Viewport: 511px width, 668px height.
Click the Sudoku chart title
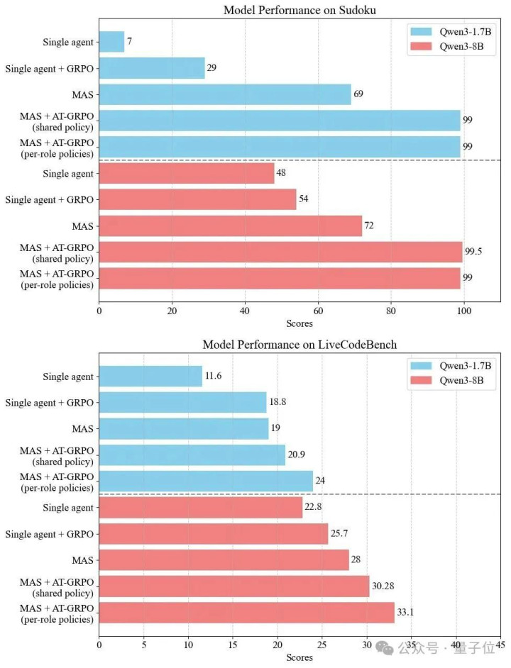click(x=300, y=10)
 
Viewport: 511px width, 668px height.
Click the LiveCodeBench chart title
click(x=300, y=345)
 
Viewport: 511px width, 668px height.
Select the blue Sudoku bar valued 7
click(x=111, y=42)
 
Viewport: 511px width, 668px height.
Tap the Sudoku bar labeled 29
click(x=152, y=69)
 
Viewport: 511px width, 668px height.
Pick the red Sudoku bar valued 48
click(x=187, y=173)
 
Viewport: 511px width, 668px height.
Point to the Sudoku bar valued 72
click(x=231, y=226)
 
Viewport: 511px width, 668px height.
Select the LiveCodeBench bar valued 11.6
click(x=150, y=377)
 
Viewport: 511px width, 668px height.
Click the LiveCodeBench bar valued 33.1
click(x=246, y=613)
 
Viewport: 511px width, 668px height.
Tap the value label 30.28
click(x=384, y=586)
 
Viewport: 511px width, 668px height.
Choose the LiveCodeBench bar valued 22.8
click(x=200, y=508)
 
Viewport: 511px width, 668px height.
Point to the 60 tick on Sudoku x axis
click(x=318, y=310)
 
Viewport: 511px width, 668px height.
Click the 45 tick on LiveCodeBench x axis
click(x=500, y=645)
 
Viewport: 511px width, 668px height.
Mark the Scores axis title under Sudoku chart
click(x=300, y=323)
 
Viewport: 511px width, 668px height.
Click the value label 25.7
click(x=340, y=534)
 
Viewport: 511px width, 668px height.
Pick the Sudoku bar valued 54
click(x=197, y=199)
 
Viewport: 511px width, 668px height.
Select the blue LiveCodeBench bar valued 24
click(x=206, y=481)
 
